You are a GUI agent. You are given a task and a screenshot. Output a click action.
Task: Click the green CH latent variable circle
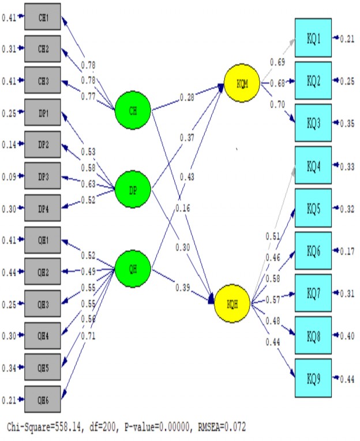pos(133,111)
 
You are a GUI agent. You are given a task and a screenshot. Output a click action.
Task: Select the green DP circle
pos(133,189)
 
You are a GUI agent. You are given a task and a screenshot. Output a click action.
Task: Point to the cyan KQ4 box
pos(313,166)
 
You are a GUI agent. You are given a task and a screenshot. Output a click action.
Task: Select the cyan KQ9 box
pos(313,378)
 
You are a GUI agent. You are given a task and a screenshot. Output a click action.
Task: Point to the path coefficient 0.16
pos(183,208)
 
